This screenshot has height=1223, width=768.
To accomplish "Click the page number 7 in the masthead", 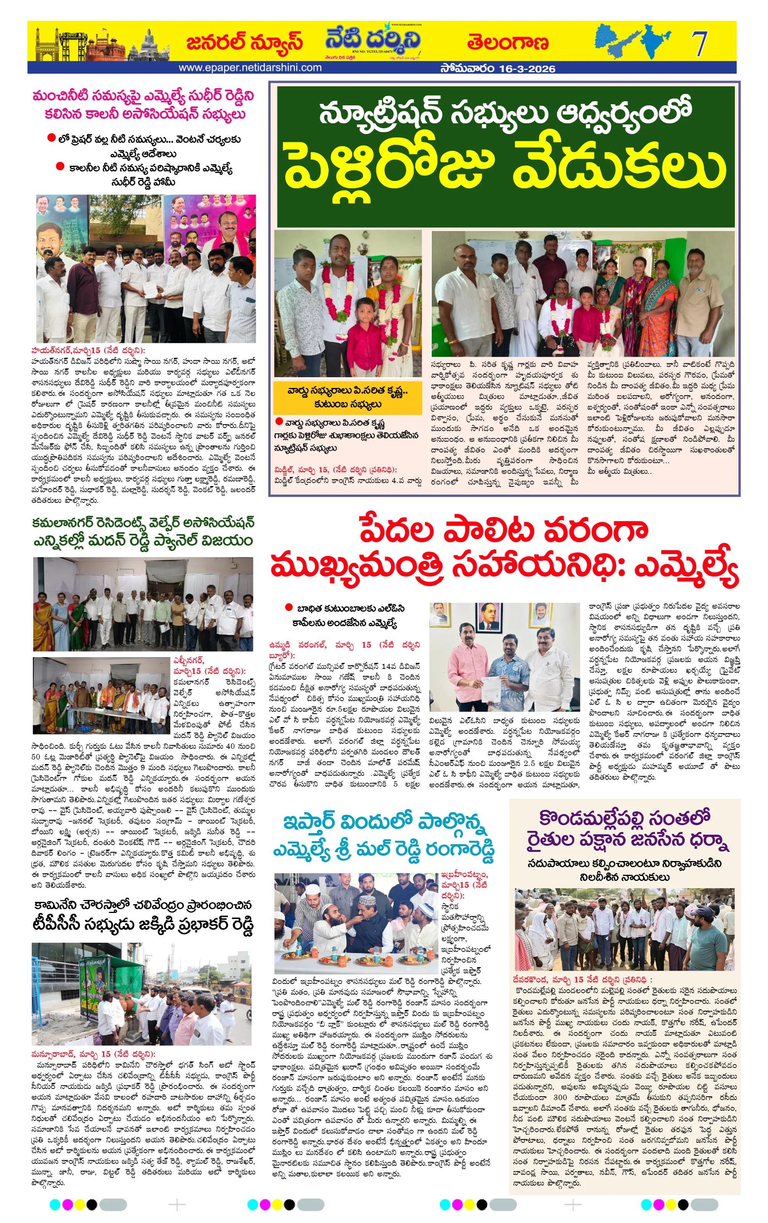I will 699,44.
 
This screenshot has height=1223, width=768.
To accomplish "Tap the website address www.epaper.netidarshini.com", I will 250,68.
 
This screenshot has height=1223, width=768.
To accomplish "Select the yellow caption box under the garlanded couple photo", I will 347,397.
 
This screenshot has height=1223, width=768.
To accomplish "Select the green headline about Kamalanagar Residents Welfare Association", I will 143,532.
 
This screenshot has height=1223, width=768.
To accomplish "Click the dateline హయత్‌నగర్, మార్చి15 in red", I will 88,351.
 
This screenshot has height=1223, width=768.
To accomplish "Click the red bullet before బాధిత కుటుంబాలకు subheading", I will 289,607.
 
